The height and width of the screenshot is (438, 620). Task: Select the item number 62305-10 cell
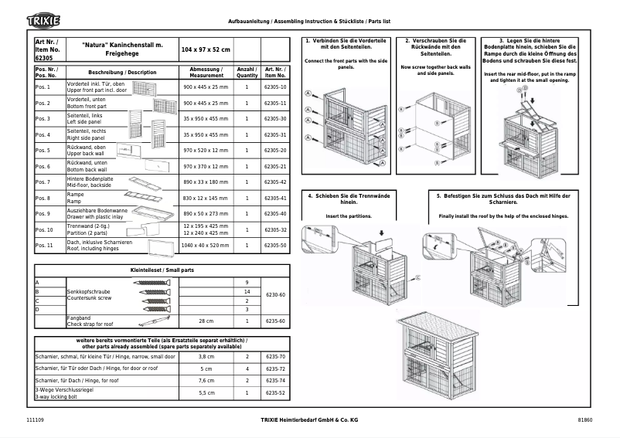click(275, 87)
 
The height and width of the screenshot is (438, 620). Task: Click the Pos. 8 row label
click(43, 199)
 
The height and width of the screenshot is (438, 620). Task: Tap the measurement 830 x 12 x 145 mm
click(206, 199)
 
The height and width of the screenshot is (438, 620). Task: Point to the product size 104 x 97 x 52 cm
click(206, 49)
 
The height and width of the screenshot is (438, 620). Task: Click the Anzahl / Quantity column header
click(247, 73)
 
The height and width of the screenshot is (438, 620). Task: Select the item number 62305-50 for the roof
click(275, 245)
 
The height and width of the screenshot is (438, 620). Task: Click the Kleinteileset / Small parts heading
click(162, 271)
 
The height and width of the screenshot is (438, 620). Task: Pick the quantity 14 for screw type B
click(247, 292)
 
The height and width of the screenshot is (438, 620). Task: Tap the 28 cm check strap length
click(206, 321)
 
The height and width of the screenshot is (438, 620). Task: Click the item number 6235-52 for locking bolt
click(275, 393)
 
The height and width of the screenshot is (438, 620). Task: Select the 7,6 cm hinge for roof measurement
click(206, 381)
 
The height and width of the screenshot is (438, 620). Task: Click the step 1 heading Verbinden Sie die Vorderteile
click(346, 43)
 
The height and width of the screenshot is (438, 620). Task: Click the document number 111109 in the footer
click(35, 419)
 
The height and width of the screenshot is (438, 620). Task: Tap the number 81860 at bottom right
click(584, 419)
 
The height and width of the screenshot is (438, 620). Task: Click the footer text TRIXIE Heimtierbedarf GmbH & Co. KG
click(309, 419)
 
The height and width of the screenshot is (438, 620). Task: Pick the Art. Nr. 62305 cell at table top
click(49, 49)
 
